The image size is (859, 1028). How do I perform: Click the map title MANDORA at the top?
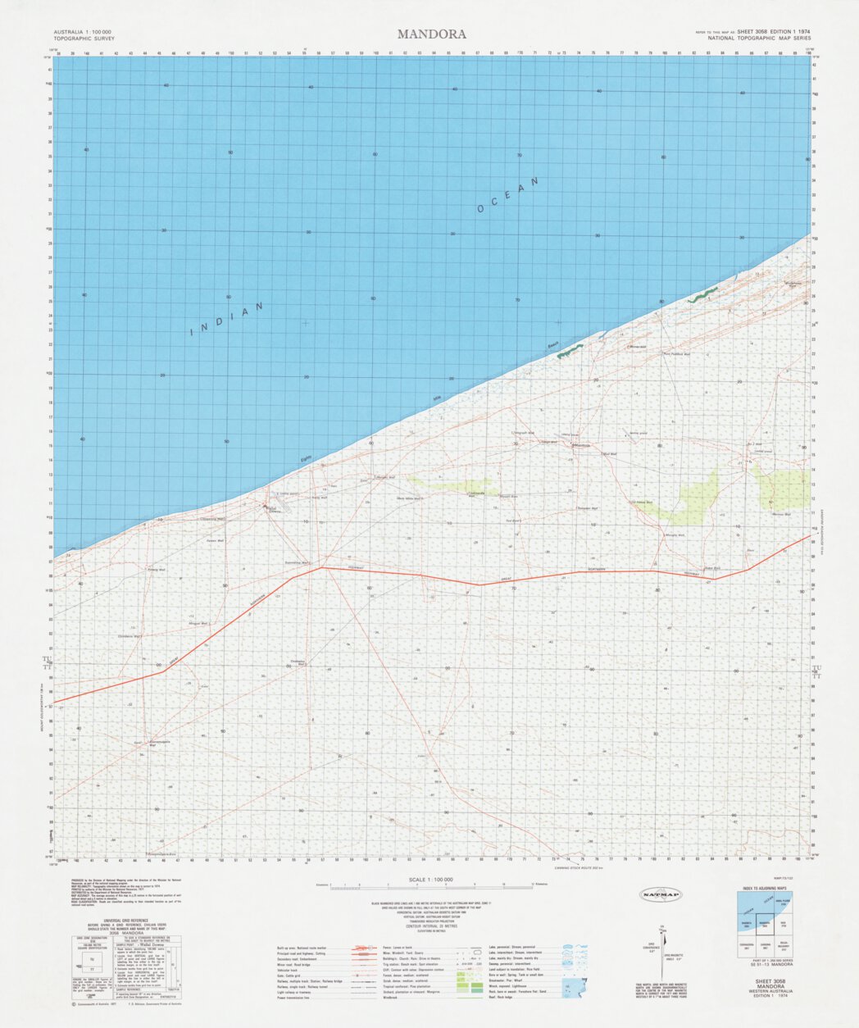click(x=432, y=34)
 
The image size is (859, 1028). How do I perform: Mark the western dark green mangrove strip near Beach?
click(x=570, y=351)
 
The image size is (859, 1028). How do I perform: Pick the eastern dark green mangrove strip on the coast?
click(x=702, y=295)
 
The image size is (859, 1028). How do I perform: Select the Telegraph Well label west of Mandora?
click(x=523, y=433)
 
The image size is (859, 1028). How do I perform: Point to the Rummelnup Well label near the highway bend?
click(x=297, y=562)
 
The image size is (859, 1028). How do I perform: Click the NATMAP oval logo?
click(x=660, y=894)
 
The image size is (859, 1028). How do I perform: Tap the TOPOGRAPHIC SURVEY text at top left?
click(x=84, y=39)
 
